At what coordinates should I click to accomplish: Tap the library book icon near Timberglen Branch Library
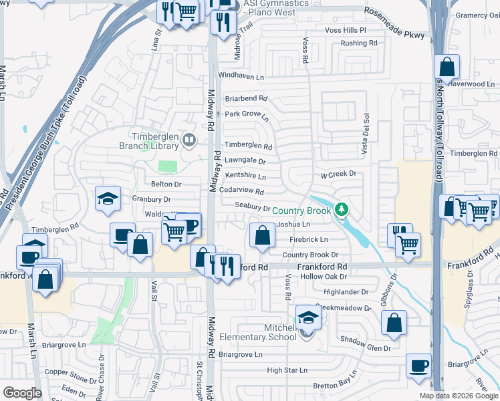190,140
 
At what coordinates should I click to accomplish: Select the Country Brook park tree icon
342,211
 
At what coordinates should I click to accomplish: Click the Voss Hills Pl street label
346,31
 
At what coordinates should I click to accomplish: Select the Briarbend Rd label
245,98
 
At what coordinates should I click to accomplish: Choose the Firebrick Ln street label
309,239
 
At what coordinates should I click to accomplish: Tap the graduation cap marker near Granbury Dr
108,198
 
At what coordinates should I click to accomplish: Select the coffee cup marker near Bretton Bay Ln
418,366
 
